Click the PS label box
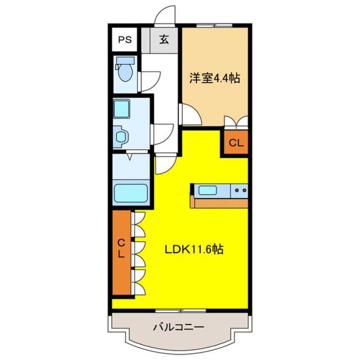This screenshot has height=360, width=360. (124, 40)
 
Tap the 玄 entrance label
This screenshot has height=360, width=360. (164, 40)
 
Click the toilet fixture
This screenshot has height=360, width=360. (125, 70)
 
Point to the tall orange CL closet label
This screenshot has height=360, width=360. (122, 249)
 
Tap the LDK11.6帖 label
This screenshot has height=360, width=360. (194, 249)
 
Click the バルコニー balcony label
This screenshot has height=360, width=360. (179, 327)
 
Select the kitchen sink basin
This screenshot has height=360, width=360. (208, 190)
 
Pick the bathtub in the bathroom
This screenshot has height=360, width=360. (131, 193)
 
